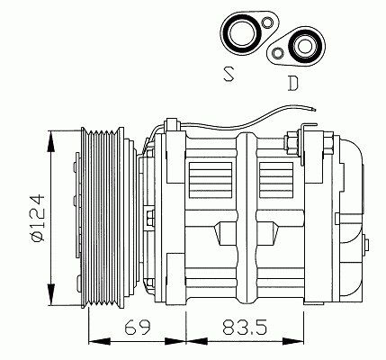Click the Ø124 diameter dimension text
(38, 218)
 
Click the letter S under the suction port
(229, 74)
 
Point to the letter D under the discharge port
(292, 84)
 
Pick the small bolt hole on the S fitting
(266, 22)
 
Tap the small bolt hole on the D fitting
(278, 53)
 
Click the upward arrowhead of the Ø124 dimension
(52, 141)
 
